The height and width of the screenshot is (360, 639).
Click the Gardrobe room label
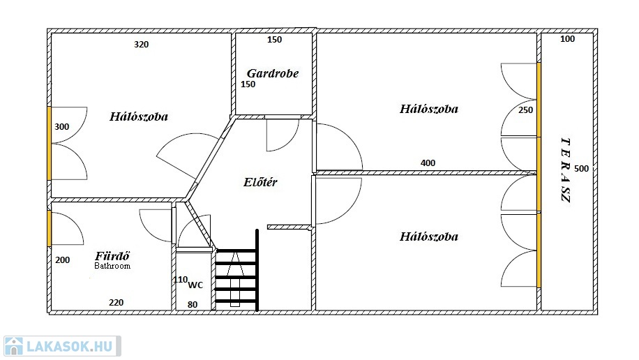tap(273, 73)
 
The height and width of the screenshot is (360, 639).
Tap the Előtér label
tap(260, 182)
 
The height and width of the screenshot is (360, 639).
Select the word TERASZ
tap(566, 170)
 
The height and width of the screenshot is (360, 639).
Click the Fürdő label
tap(112, 256)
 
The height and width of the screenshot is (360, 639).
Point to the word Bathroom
tap(112, 266)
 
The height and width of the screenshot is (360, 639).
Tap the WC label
tap(195, 285)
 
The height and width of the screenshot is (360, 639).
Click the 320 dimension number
tap(142, 45)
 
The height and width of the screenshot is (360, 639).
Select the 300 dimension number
tap(62, 127)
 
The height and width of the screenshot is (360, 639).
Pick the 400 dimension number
tap(428, 163)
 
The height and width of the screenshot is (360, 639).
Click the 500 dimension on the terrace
tap(582, 168)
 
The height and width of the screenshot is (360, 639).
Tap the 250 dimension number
tap(526, 110)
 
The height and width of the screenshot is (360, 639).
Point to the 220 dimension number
tap(116, 303)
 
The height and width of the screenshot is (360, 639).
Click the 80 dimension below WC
tap(193, 305)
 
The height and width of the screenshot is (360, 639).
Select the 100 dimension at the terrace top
tap(568, 39)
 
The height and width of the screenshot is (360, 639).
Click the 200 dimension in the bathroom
tap(62, 260)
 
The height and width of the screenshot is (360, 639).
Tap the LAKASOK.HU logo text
tap(69, 347)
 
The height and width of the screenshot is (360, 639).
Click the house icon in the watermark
tap(13, 346)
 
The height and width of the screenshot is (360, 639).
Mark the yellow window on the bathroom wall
tap(50, 228)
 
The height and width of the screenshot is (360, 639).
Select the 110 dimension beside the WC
tap(181, 280)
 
